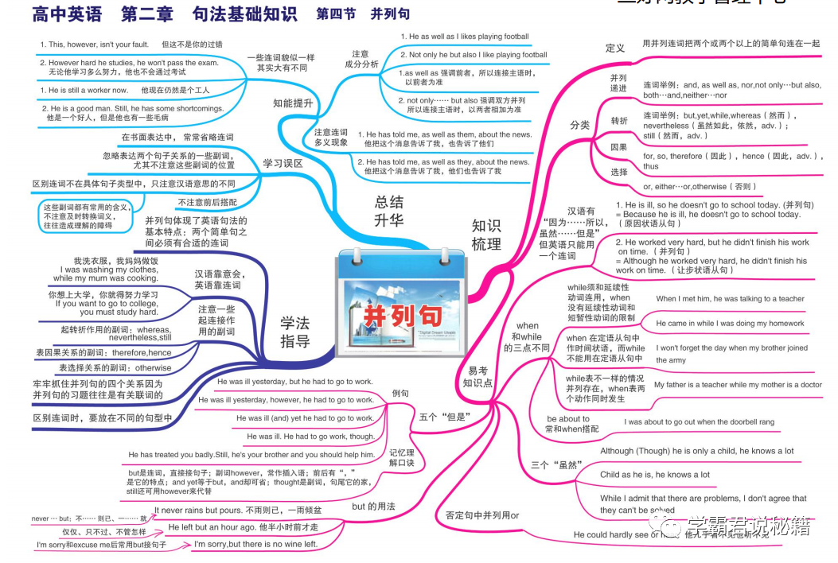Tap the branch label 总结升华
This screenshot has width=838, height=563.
(388, 212)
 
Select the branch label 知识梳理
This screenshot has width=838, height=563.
(486, 235)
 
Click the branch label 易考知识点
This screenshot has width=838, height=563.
(478, 377)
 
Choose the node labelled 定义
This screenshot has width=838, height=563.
(615, 48)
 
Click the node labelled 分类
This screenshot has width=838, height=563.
(579, 125)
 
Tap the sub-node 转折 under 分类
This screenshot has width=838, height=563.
(618, 120)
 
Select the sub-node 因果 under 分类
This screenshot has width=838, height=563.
(618, 147)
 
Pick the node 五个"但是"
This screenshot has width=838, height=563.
(445, 416)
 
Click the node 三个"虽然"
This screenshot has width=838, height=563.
(557, 464)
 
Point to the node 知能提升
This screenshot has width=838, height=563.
(293, 103)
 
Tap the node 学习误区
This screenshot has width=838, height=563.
(283, 163)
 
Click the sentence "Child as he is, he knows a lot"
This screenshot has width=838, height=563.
(654, 475)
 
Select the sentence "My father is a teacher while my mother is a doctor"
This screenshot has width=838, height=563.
(738, 385)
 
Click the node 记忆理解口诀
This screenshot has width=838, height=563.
(402, 456)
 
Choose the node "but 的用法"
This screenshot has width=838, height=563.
(373, 506)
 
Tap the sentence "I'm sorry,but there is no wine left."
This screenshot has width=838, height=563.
(255, 544)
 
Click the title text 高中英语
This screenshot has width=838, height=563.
(68, 14)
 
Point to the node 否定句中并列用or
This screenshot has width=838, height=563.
(482, 515)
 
